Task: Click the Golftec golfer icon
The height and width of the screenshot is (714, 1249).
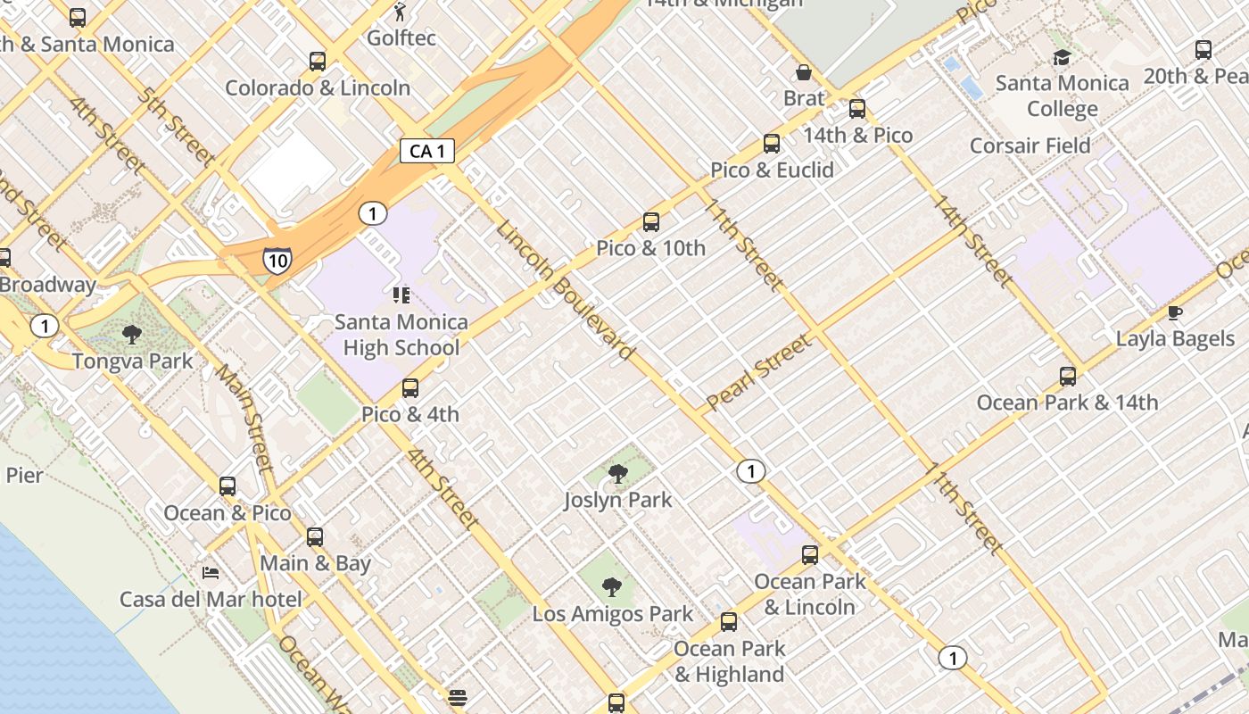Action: click(400, 12)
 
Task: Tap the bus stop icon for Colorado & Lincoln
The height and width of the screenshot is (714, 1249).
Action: click(318, 62)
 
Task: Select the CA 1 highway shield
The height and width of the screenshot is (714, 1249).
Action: click(426, 151)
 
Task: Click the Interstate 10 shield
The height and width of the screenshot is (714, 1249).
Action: click(277, 260)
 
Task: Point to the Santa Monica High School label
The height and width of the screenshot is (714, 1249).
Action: click(401, 335)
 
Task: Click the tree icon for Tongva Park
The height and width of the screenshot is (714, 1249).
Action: click(132, 335)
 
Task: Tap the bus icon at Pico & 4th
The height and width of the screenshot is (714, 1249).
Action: click(410, 388)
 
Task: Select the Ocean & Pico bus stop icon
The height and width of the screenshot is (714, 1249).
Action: click(227, 486)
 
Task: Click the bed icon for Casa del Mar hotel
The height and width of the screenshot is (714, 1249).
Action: click(211, 572)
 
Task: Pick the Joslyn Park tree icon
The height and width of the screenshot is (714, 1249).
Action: click(617, 473)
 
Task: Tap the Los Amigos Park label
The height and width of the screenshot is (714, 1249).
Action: click(612, 614)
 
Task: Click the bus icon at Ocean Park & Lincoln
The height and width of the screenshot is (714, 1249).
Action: click(810, 555)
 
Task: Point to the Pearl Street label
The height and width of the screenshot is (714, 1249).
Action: click(758, 372)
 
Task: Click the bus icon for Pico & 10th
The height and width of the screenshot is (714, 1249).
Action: click(651, 222)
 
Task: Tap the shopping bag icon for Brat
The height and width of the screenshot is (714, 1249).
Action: click(804, 72)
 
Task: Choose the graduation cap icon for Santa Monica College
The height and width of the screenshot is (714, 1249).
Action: click(1062, 58)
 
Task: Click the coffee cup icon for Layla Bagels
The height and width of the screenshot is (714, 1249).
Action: click(1175, 312)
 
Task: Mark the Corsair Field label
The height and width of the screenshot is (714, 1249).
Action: click(1030, 145)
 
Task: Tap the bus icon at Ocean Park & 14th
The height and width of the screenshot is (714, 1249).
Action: click(1068, 376)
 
